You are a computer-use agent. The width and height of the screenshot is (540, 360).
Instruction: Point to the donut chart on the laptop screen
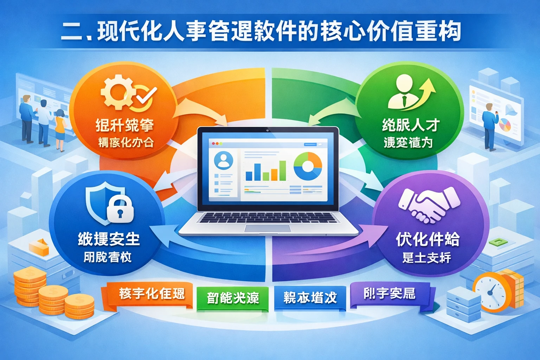308,166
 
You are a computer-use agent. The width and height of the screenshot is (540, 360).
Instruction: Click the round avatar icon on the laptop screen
223,160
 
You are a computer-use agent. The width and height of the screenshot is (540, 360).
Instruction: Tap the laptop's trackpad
268,228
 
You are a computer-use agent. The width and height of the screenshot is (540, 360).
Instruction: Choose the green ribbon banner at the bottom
232,298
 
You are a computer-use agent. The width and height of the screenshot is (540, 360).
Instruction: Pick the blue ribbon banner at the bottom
310,298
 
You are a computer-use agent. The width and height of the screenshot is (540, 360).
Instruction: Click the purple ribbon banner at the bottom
390,294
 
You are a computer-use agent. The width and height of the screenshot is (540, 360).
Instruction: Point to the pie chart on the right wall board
505,125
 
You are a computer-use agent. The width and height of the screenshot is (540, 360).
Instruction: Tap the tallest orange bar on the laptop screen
282,170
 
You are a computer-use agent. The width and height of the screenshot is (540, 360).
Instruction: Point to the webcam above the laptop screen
268,130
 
